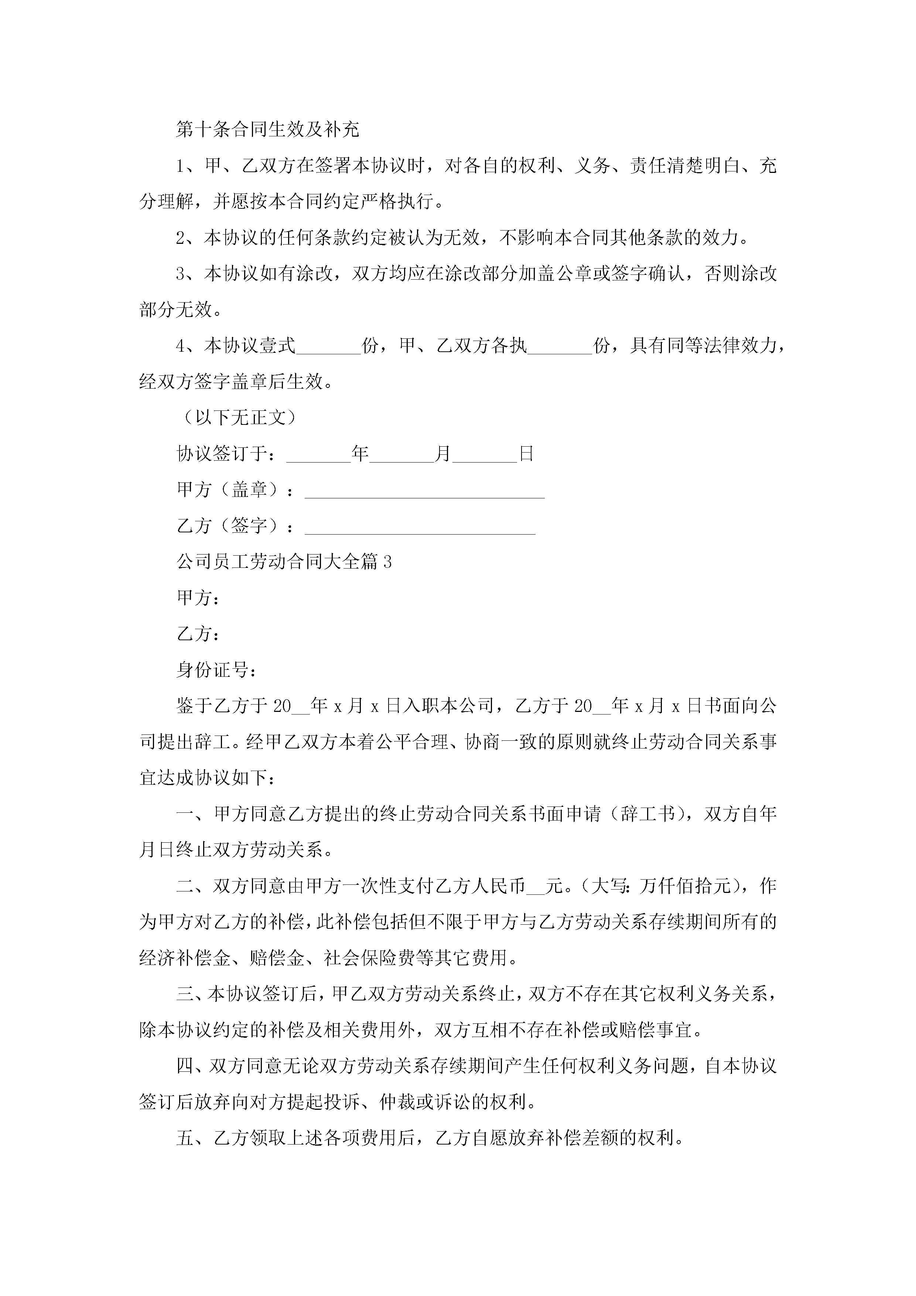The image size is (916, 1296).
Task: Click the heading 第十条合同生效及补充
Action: (x=267, y=130)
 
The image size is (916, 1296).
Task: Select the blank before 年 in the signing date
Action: (x=319, y=455)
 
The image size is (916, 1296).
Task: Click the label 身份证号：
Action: (x=217, y=670)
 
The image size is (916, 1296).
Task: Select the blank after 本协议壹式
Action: (x=328, y=347)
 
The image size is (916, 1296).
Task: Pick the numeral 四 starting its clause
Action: (x=185, y=1066)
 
